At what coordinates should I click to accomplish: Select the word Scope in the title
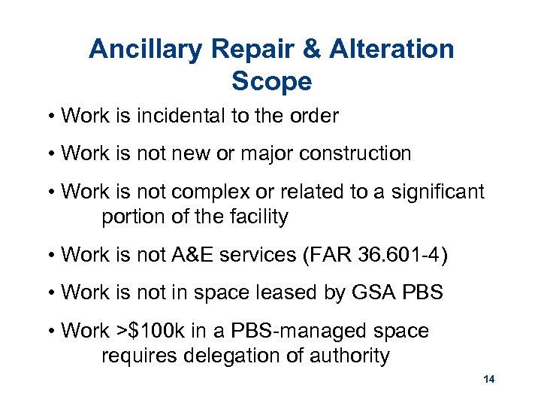click(271, 81)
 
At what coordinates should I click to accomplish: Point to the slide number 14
click(489, 380)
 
